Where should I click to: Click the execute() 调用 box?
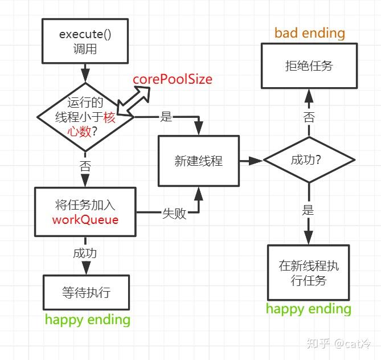(85, 41)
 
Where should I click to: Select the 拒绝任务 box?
(309, 66)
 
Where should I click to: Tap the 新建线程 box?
(199, 161)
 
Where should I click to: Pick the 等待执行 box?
(86, 292)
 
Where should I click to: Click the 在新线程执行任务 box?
(309, 272)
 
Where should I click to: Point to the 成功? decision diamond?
(309, 160)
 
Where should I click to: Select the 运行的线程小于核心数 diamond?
(85, 117)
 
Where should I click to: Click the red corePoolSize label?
(173, 79)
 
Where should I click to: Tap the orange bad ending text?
(310, 33)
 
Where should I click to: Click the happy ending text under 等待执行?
(88, 320)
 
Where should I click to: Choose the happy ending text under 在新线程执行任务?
(309, 309)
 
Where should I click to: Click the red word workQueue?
(85, 220)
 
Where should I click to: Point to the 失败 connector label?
(174, 214)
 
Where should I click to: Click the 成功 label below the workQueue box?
(85, 253)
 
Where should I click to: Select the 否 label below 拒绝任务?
(309, 117)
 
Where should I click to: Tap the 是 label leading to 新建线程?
(166, 117)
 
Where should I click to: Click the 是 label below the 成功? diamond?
(308, 210)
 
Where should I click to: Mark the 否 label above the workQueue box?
(85, 166)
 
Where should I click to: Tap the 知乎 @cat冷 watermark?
(339, 343)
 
